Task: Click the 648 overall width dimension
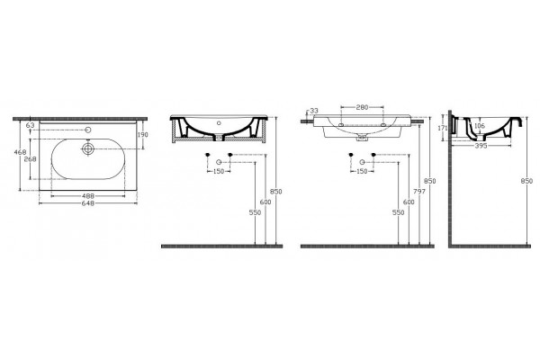pyautogui.click(x=88, y=203)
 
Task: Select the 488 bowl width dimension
pyautogui.click(x=88, y=196)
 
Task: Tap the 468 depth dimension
pyautogui.click(x=20, y=151)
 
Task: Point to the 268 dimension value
pyautogui.click(x=31, y=159)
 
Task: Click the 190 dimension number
pyautogui.click(x=142, y=135)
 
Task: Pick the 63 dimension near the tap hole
pyautogui.click(x=31, y=125)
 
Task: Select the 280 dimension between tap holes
pyautogui.click(x=362, y=107)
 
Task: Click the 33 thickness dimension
pyautogui.click(x=314, y=111)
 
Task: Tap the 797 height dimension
pyautogui.click(x=418, y=192)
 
